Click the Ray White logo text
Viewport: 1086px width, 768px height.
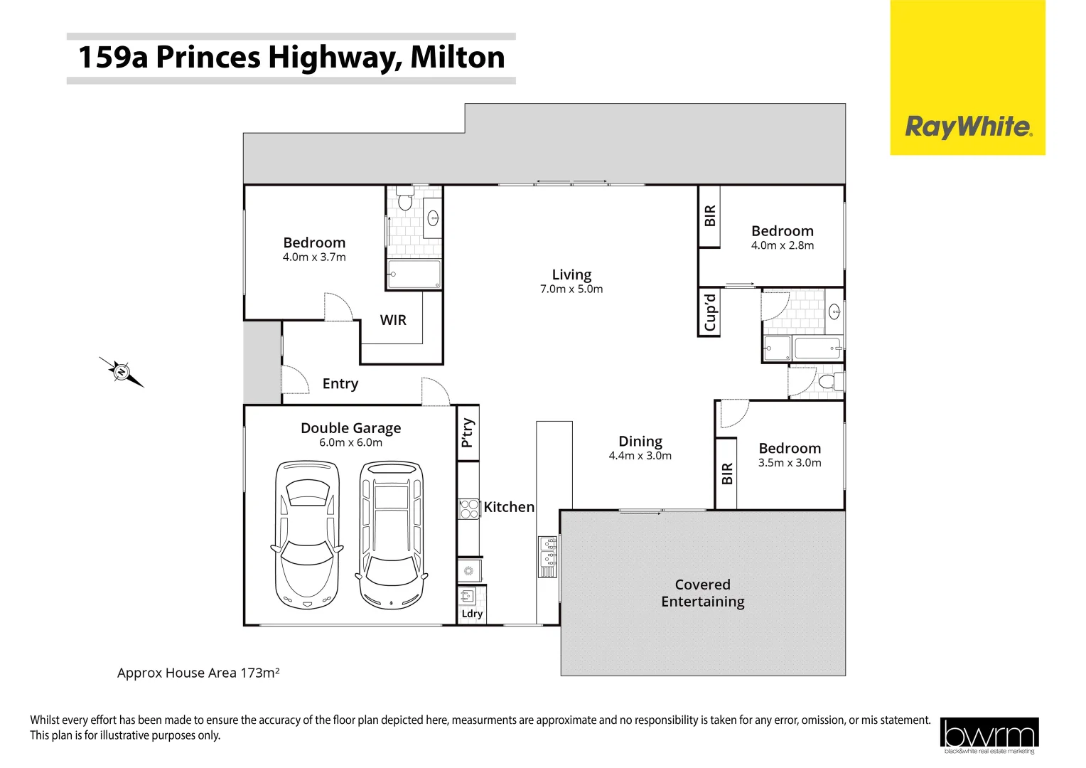point(968,127)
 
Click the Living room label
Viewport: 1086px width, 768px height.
point(571,274)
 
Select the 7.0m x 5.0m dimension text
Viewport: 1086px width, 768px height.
point(571,289)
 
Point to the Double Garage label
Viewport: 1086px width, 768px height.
point(350,428)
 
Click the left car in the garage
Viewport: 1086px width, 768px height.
point(306,535)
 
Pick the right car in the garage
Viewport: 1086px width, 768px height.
point(392,535)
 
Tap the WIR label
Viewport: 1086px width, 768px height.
point(393,320)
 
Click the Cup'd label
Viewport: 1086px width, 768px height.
point(709,313)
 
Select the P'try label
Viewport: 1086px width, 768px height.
point(467,432)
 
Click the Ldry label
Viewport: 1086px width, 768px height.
point(472,614)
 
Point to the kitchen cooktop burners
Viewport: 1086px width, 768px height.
point(469,508)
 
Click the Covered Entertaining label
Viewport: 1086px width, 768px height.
point(702,593)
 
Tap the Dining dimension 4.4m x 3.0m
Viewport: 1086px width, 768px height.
point(640,456)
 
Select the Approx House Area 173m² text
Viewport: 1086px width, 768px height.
point(198,673)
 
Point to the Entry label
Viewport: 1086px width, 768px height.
point(340,384)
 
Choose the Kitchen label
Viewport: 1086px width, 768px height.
point(509,507)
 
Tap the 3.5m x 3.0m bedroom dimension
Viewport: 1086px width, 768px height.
point(790,463)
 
